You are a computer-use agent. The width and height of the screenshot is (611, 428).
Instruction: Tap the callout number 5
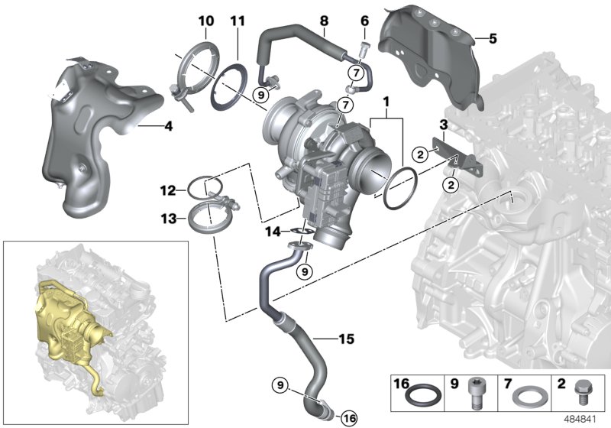click(x=493, y=37)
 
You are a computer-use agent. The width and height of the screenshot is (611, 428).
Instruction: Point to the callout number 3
click(x=442, y=125)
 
